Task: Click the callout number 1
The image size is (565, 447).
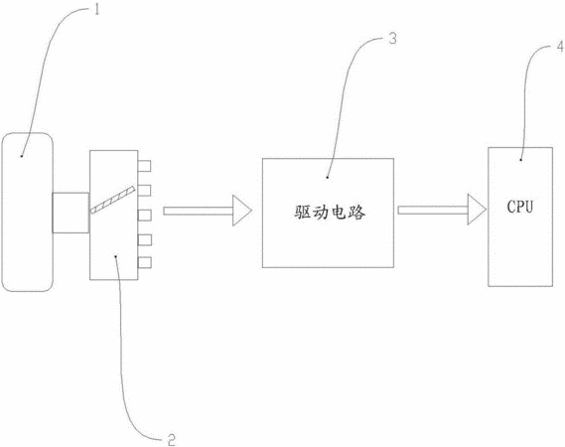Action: (96, 9)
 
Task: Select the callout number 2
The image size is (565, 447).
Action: (172, 439)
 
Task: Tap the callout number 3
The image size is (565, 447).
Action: (392, 38)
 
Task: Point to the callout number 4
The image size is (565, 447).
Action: (560, 47)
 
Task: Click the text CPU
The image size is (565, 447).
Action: (519, 207)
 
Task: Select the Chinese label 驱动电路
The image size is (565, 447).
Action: (330, 213)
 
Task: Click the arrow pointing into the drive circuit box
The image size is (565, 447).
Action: (208, 211)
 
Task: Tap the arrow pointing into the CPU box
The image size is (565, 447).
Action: (442, 210)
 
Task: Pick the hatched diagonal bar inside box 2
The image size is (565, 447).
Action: (112, 200)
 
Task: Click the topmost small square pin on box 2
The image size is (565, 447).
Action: (145, 166)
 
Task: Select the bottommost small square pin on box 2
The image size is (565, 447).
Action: (145, 262)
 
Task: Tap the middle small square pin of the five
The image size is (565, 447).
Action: (145, 216)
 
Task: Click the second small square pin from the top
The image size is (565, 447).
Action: (145, 191)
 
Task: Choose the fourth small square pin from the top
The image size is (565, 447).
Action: (145, 239)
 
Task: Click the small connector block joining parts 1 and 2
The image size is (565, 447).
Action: (71, 213)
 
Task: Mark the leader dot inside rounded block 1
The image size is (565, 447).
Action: (22, 156)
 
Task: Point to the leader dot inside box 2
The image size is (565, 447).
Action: (115, 256)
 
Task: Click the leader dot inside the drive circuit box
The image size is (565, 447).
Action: (327, 178)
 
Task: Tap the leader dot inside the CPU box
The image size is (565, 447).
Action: (521, 160)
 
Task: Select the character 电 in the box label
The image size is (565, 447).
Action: (339, 213)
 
